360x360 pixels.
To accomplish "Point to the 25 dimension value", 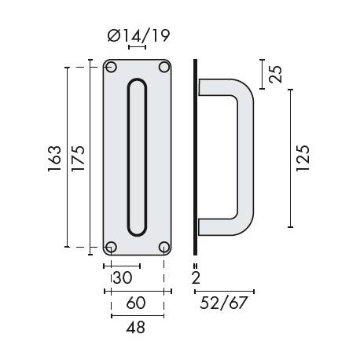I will pyautogui.click(x=275, y=74).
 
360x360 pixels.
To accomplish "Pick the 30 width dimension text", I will pyautogui.click(x=122, y=277).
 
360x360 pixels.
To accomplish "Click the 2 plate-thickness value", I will pyautogui.click(x=194, y=277).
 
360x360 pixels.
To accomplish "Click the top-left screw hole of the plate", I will pyautogui.click(x=112, y=68).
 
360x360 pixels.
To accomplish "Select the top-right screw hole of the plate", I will pyautogui.click(x=163, y=68).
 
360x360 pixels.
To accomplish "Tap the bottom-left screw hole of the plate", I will pyautogui.click(x=112, y=247).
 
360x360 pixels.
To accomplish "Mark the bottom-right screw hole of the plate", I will pyautogui.click(x=163, y=247).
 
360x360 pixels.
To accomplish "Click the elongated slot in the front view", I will pyautogui.click(x=137, y=157).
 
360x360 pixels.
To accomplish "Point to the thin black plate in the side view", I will pyautogui.click(x=195, y=157).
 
